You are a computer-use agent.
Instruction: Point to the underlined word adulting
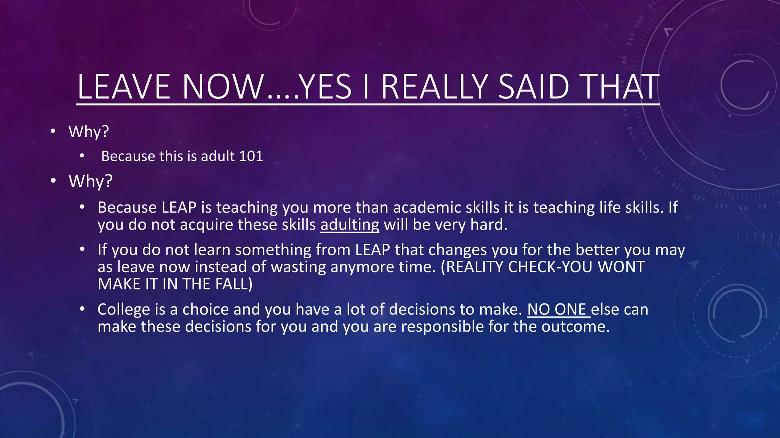(x=350, y=224)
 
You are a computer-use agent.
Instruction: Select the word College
(x=124, y=309)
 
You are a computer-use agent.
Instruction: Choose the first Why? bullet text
(x=89, y=132)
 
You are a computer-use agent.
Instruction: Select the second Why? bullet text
(x=90, y=181)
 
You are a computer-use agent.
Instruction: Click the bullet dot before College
(x=82, y=309)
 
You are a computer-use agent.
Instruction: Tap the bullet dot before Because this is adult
(x=82, y=156)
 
